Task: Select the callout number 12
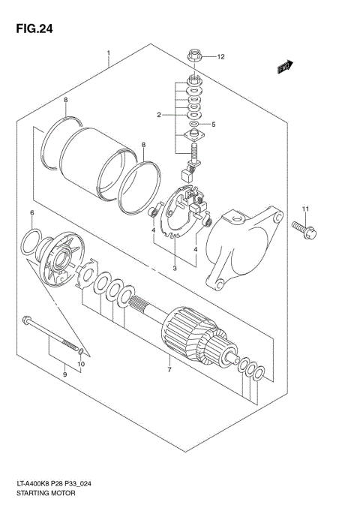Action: pos(220,56)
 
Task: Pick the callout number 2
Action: pos(160,115)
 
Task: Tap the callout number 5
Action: pos(213,125)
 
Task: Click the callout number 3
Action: pos(175,268)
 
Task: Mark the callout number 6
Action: pos(32,214)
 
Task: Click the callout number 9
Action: pos(64,374)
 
